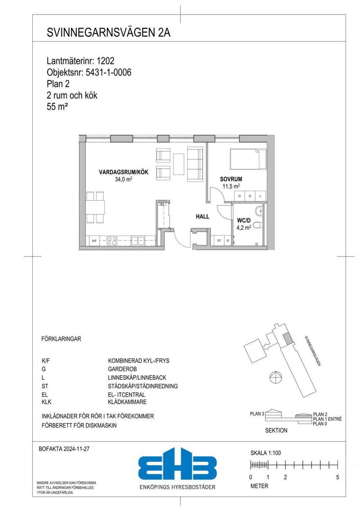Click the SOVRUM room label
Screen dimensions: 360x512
231,179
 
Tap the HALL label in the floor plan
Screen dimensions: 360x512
202,217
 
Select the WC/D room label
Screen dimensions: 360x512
244,221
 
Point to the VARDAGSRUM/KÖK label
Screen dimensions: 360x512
123,172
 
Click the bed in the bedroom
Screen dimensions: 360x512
248,159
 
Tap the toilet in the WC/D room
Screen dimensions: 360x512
258,225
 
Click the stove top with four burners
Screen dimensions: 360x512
112,241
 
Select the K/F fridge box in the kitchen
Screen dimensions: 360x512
94,241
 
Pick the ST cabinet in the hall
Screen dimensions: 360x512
219,240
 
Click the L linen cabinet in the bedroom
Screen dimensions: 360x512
260,196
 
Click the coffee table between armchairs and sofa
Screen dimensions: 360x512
179,164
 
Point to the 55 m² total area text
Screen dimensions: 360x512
57,107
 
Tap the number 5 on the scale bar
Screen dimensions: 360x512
338,477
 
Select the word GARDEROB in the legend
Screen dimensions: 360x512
122,369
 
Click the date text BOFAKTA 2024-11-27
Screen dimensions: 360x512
64,449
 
